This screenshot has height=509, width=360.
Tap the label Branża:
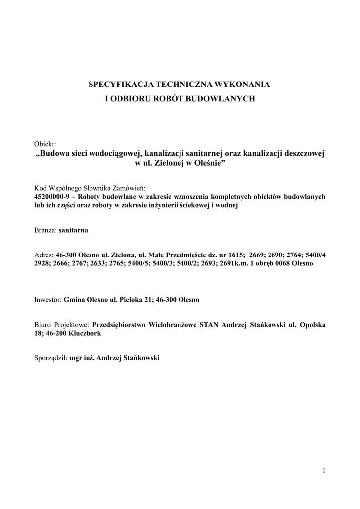(45, 231)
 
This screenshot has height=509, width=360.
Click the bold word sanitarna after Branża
(74, 231)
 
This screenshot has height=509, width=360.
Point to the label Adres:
(44, 254)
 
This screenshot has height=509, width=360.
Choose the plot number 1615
(234, 254)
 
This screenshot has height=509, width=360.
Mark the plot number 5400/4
(314, 254)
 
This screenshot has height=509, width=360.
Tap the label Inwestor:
(48, 300)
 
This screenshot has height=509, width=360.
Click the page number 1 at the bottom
(324, 470)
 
